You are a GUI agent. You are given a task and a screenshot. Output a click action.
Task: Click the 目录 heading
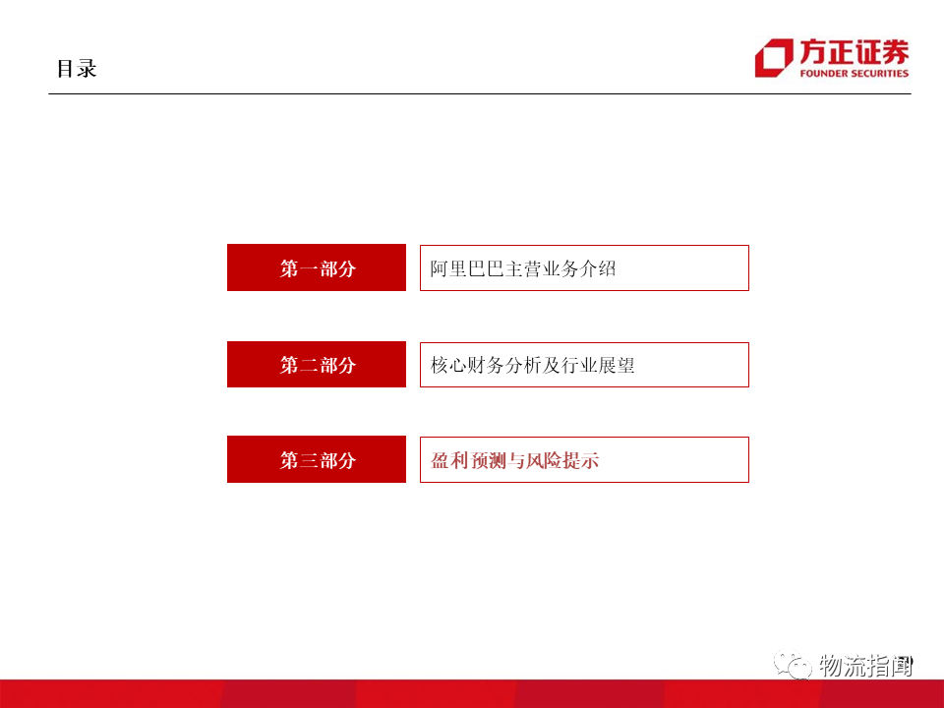[x=77, y=69]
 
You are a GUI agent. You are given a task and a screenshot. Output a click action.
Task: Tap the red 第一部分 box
[x=316, y=267]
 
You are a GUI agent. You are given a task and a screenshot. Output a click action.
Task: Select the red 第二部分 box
[x=316, y=364]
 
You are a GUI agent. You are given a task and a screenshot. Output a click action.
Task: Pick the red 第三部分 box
[x=316, y=459]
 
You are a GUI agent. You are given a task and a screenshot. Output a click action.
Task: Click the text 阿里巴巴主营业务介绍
[x=523, y=267]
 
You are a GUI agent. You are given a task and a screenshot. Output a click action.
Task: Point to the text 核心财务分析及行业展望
[x=532, y=364]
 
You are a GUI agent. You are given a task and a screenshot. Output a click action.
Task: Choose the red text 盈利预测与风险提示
[x=514, y=459]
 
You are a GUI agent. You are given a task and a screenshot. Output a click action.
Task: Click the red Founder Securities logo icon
[x=774, y=58]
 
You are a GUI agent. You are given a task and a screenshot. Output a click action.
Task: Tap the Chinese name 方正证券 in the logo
[x=854, y=52]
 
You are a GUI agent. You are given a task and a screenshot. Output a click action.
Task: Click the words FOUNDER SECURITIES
[x=854, y=73]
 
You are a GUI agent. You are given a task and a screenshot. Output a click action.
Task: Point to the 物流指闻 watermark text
[x=866, y=666]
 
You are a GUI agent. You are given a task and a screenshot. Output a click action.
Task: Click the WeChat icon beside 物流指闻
[x=793, y=666]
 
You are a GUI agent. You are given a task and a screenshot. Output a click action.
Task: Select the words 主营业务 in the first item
[x=542, y=267]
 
